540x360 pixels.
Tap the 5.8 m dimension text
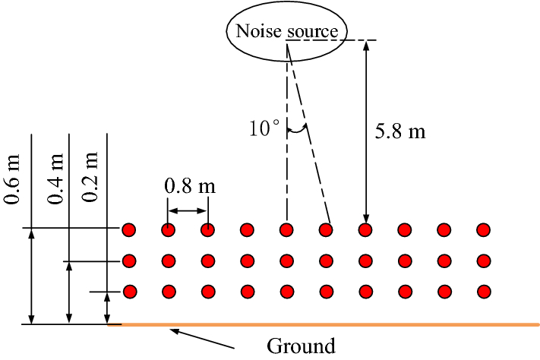(400, 131)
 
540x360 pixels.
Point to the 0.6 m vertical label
(12, 178)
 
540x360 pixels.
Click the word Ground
(301, 346)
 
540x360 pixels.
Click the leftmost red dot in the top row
(129, 229)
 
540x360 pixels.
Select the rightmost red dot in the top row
(484, 229)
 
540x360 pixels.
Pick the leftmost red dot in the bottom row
(129, 292)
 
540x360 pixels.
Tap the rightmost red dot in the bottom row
(484, 292)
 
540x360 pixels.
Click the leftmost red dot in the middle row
(129, 261)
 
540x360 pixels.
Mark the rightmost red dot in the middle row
(484, 261)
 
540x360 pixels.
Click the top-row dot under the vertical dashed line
(286, 229)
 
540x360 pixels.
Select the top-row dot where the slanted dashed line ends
(326, 229)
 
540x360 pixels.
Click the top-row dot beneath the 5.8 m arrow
(365, 229)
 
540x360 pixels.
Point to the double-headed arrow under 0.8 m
(188, 210)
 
